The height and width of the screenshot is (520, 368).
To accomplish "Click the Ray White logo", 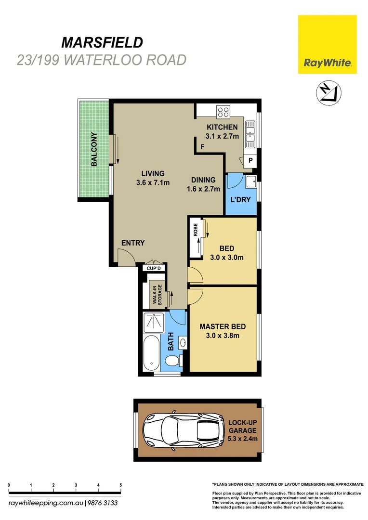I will point(327,44).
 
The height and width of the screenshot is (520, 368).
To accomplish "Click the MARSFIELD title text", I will point(102,42).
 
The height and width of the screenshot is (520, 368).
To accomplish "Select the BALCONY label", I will point(94,149).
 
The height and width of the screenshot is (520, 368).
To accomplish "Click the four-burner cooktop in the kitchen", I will point(223,112).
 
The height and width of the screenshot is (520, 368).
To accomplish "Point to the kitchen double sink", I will point(251,134).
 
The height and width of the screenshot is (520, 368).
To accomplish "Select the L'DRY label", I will point(241,199).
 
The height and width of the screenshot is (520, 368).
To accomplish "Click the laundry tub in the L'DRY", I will point(250,182).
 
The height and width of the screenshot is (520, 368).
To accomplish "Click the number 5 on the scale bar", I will point(120,485).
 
